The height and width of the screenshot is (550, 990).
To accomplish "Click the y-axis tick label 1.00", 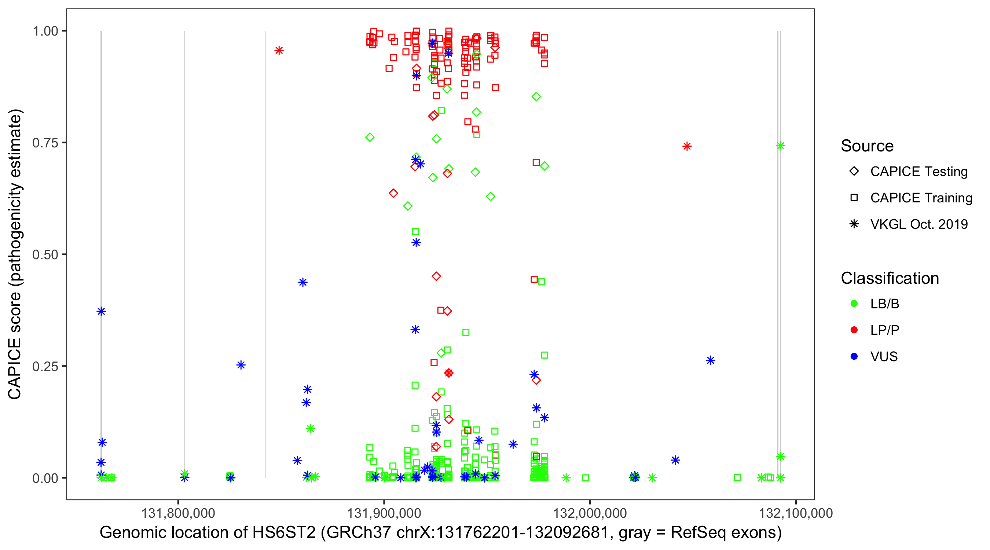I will [x=45, y=31].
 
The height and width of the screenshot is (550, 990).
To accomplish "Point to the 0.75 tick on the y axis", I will [x=45, y=143].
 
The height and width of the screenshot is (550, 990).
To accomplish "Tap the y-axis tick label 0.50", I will [x=45, y=254].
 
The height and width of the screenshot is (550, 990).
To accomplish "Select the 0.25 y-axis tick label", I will [x=45, y=366].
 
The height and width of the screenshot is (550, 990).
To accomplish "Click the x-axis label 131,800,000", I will [x=178, y=513].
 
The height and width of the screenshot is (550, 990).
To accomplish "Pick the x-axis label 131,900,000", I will [x=384, y=513].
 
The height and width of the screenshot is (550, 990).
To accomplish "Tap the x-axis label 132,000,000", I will [x=590, y=513].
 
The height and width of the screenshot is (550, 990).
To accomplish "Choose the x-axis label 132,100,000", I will [x=796, y=513].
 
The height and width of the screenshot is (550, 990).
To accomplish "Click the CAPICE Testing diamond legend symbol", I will [x=854, y=172].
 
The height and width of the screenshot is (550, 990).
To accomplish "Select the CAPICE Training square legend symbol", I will [x=854, y=198].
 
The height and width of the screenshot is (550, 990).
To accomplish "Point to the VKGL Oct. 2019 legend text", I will [x=919, y=224].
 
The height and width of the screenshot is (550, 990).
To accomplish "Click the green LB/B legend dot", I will [x=854, y=304].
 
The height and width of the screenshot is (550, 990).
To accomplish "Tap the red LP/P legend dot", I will [x=854, y=330].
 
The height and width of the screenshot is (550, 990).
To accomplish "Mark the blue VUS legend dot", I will [x=854, y=356].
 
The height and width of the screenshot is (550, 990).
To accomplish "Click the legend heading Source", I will [x=867, y=146].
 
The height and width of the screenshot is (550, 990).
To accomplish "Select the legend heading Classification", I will [x=890, y=278].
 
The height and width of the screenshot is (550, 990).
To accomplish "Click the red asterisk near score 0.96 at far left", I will [x=279, y=50].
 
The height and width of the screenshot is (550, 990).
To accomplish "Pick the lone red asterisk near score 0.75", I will [x=687, y=146].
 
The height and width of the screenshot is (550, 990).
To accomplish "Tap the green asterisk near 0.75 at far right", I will [x=780, y=146].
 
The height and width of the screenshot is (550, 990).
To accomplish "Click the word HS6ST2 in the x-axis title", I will [x=284, y=533].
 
